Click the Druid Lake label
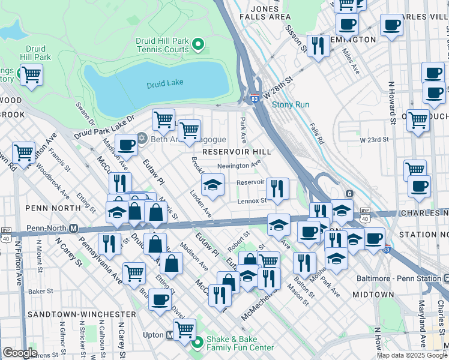tap(165, 85)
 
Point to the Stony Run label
tap(291, 104)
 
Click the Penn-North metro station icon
tap(74, 228)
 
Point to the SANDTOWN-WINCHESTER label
tap(80, 314)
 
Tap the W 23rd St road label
tap(374, 139)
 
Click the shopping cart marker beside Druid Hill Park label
tap(31, 74)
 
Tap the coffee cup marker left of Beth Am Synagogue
tap(126, 145)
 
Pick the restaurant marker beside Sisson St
tap(318, 46)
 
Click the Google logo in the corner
tap(20, 353)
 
